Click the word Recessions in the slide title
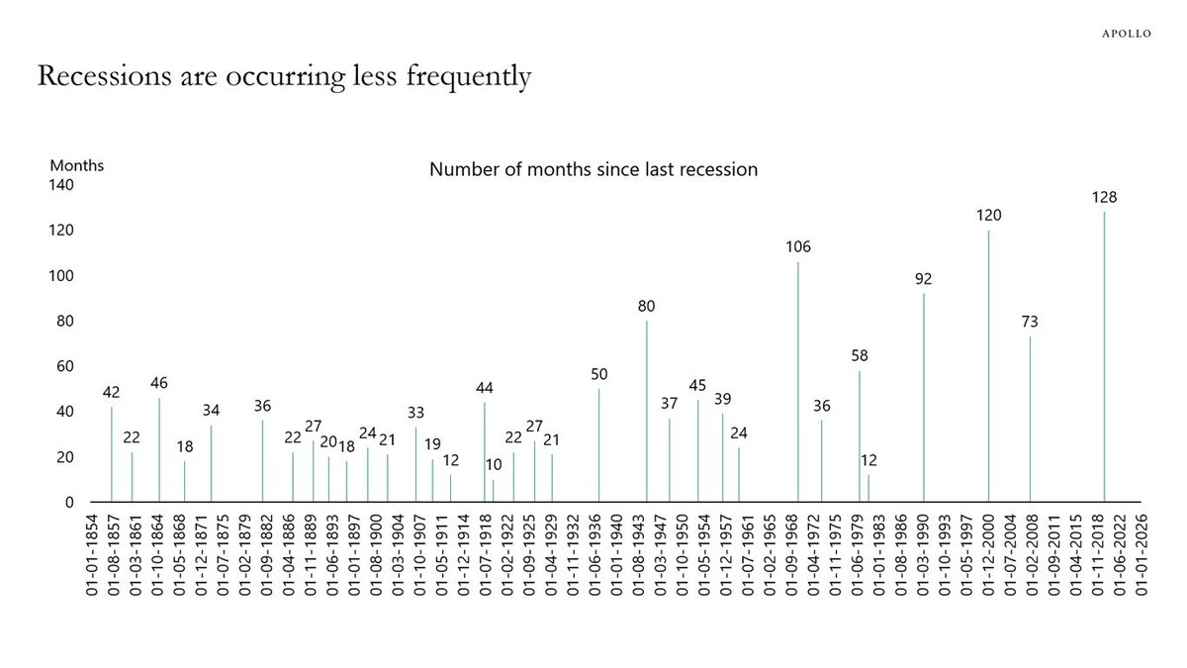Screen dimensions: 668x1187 click(x=95, y=76)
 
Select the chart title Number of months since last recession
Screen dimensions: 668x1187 click(x=593, y=169)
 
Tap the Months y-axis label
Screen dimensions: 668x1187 click(x=77, y=165)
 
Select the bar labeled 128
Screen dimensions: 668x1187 click(x=1104, y=356)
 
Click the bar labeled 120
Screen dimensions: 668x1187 click(x=988, y=365)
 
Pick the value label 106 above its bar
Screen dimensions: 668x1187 click(x=798, y=246)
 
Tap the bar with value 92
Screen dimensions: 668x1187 click(x=924, y=397)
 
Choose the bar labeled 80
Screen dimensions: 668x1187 click(x=647, y=411)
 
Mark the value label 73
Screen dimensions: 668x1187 click(x=1030, y=322)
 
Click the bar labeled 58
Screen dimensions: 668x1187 click(x=860, y=435)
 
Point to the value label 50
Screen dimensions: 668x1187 click(x=598, y=374)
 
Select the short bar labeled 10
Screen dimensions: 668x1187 click(x=494, y=491)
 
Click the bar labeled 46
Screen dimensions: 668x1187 click(x=159, y=449)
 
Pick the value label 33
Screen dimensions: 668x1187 click(x=416, y=413)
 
